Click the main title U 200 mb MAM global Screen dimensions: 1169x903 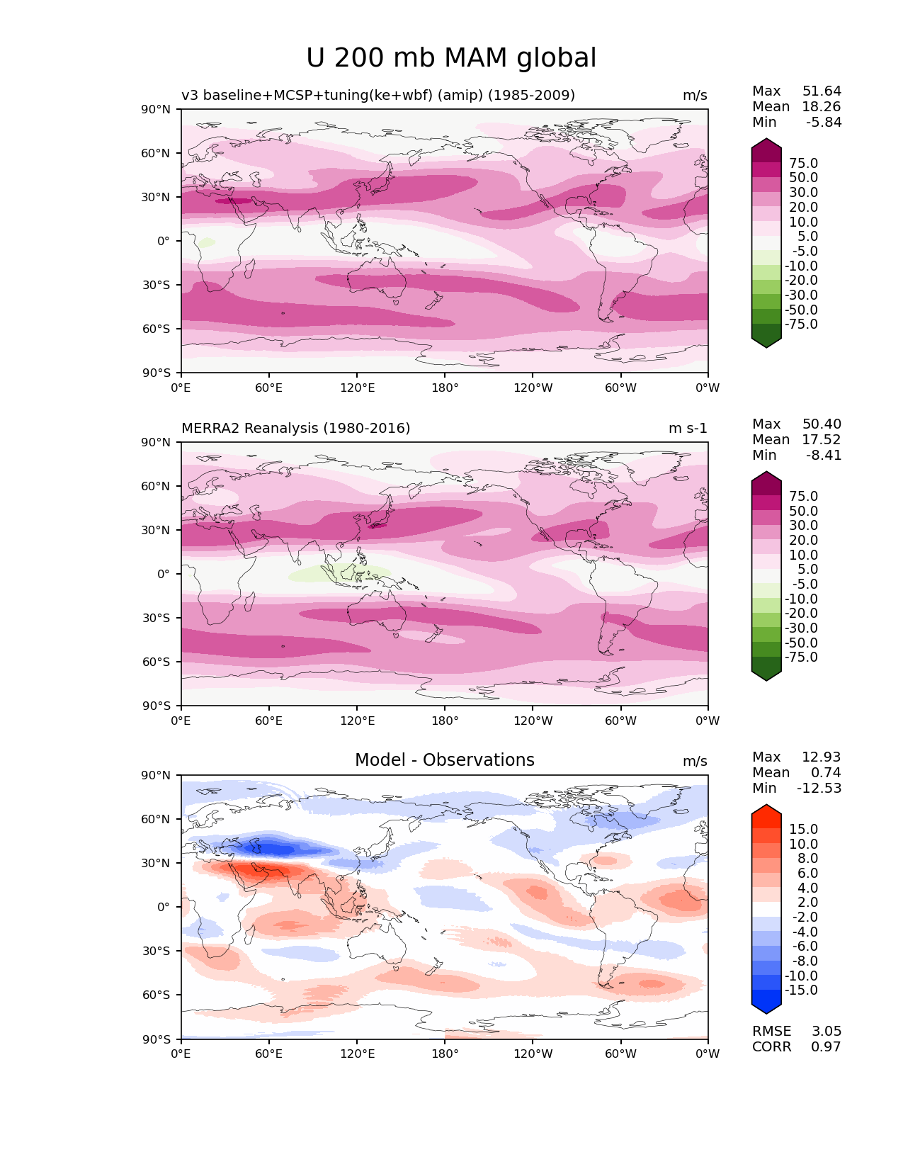tap(451, 58)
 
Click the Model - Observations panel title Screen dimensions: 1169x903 tap(444, 760)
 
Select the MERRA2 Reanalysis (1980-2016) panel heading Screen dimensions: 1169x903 tap(295, 428)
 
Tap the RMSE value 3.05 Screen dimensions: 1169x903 tap(826, 1031)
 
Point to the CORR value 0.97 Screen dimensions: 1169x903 tap(826, 1046)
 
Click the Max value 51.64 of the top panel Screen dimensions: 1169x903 tap(822, 91)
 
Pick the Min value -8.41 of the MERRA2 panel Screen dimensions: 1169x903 tap(824, 455)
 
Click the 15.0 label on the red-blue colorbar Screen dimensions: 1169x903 tap(803, 829)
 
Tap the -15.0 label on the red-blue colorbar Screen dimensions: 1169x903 tap(801, 990)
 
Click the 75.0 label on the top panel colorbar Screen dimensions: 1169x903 tap(803, 163)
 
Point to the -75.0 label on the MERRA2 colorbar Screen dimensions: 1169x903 tap(801, 657)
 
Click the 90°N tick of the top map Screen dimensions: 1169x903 tap(156, 109)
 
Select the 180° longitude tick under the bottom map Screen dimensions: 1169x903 tap(445, 1054)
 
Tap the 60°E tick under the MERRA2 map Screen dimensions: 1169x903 tap(268, 721)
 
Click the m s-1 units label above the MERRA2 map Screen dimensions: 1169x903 tap(687, 428)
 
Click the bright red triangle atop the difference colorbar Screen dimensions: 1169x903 tap(766, 812)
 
